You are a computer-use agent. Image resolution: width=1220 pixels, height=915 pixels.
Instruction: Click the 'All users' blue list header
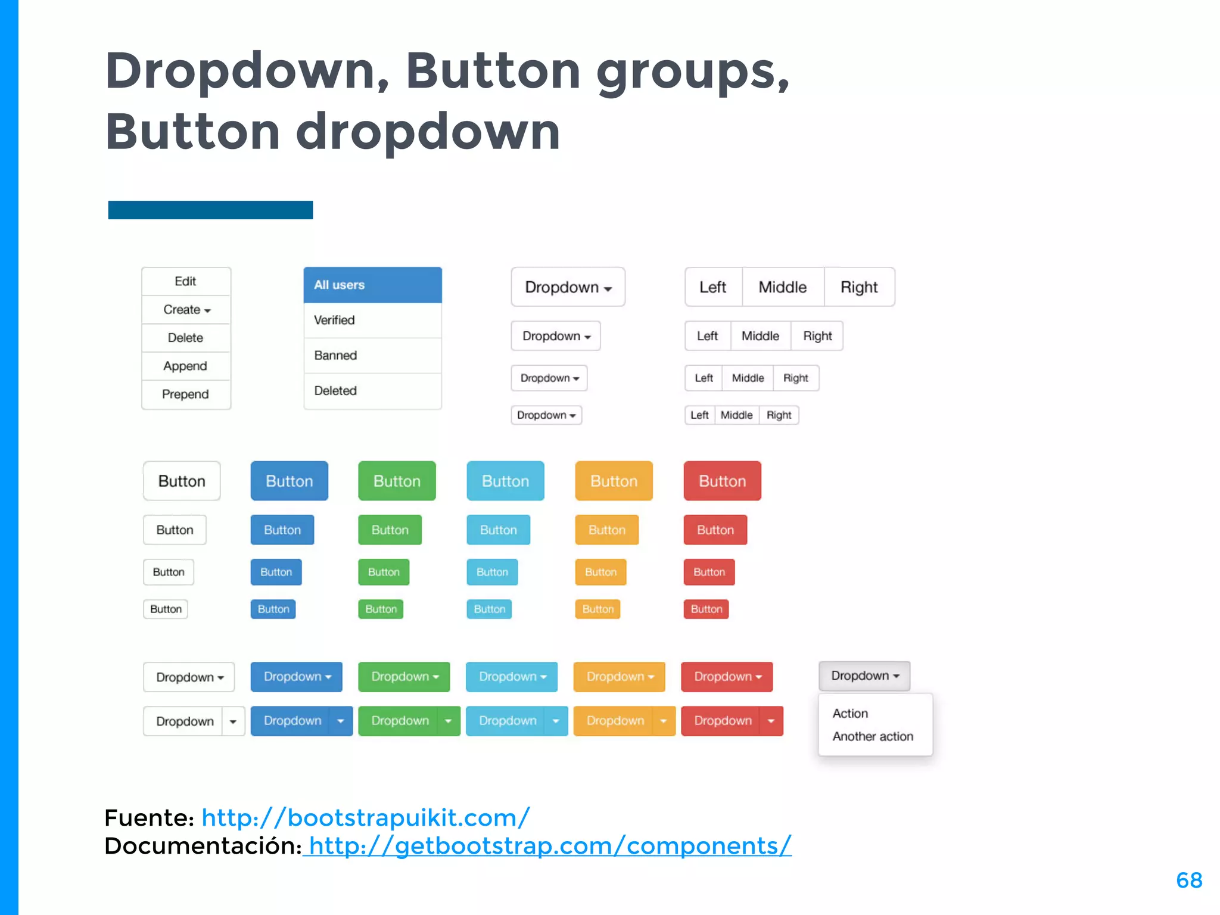click(372, 285)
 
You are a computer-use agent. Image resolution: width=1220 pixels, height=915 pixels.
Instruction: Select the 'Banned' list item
click(372, 356)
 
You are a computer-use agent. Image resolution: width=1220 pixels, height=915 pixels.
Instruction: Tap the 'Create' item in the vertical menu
click(186, 310)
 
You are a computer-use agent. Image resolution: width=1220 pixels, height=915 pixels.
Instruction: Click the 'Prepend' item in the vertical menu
click(186, 394)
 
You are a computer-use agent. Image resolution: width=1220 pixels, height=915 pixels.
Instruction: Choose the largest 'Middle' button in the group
click(783, 287)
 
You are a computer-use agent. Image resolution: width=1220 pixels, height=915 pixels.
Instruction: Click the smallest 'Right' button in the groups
click(779, 415)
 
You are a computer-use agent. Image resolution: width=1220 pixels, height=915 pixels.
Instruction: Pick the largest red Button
click(722, 481)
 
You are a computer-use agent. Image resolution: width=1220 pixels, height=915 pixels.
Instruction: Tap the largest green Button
click(397, 481)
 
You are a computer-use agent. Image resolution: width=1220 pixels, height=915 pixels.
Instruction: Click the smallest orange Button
click(597, 609)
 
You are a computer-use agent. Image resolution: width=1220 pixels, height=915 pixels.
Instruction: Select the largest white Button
click(182, 481)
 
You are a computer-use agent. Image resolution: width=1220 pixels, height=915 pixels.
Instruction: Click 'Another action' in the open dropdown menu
click(873, 737)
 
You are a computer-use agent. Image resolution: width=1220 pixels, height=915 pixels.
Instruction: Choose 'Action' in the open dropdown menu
click(850, 714)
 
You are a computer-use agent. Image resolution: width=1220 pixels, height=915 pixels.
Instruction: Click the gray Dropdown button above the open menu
click(864, 676)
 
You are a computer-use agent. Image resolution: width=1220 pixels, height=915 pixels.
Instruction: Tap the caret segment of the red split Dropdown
click(771, 721)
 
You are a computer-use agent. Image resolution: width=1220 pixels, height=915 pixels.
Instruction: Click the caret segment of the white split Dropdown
click(233, 722)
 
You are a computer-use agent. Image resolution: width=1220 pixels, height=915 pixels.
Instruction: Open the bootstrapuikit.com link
click(365, 818)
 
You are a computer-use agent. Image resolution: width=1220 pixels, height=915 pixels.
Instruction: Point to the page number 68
click(1189, 880)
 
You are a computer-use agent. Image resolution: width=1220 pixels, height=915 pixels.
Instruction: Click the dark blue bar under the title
click(210, 210)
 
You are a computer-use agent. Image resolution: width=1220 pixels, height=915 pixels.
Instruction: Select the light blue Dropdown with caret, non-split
click(512, 677)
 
